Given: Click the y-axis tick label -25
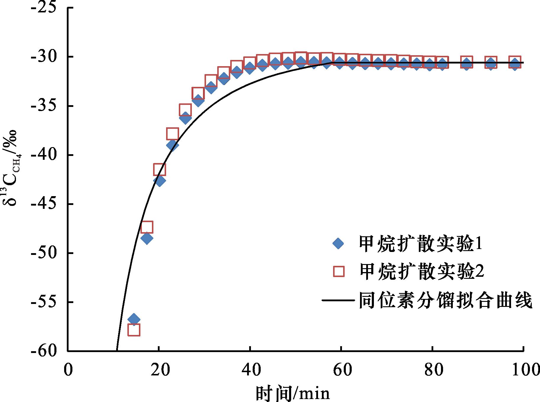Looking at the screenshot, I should click(x=47, y=8).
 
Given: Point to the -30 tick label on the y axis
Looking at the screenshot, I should click(x=47, y=57).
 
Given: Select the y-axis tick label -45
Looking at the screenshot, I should click(x=47, y=204).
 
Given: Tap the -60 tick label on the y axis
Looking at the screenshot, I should click(x=47, y=351).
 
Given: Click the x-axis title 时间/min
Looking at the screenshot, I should click(x=292, y=393).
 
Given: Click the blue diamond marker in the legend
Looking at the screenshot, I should click(x=338, y=244).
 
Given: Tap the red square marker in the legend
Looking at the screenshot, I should click(x=338, y=271).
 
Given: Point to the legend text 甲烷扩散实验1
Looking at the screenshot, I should click(x=420, y=244).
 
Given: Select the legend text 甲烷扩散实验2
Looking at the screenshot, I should click(x=421, y=271).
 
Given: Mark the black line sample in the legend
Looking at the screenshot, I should click(x=338, y=300).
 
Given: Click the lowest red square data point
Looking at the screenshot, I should click(x=134, y=330).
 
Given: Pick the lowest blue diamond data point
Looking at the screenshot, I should click(x=134, y=319).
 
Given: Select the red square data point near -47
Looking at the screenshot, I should click(x=147, y=227).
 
